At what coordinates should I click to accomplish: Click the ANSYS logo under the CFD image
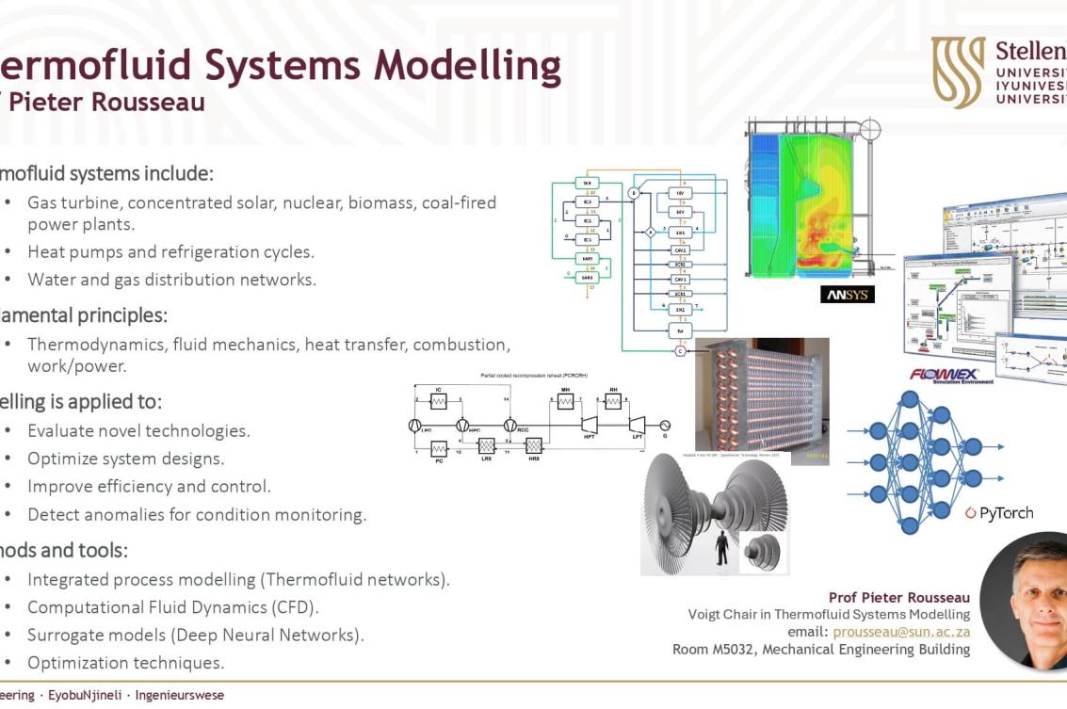point(848,295)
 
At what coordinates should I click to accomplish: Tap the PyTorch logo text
point(1005,513)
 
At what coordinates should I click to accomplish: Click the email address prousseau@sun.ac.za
point(901,632)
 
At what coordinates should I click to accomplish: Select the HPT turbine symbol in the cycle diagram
point(590,426)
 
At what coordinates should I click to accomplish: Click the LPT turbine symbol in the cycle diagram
point(638,426)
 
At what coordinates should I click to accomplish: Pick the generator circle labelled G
point(665,426)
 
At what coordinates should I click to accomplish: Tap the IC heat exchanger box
point(439,402)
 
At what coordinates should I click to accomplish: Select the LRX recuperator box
point(487,444)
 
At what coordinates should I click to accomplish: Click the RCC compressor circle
point(510,426)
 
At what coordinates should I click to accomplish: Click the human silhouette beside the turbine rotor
point(722,547)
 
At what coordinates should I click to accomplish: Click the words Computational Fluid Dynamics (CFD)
point(173,607)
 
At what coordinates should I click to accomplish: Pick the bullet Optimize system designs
point(126,459)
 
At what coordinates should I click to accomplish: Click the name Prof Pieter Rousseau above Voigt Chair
point(898,598)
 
